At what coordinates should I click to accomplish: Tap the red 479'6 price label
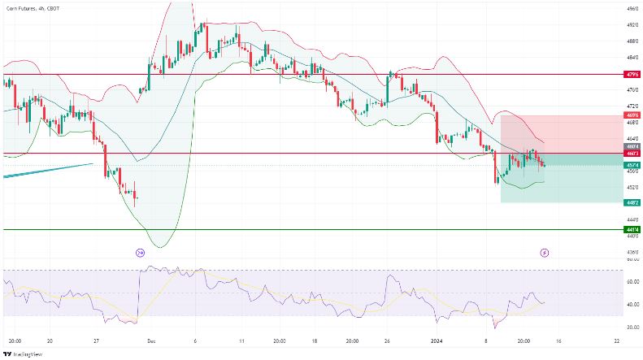(x=632, y=74)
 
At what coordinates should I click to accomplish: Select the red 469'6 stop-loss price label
(x=632, y=115)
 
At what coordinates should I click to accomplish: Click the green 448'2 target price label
(x=632, y=202)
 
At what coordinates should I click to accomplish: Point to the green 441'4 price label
(x=632, y=230)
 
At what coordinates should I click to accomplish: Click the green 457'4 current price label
(x=632, y=166)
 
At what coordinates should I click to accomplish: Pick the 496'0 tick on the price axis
(x=632, y=8)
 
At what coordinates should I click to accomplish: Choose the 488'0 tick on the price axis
(x=632, y=41)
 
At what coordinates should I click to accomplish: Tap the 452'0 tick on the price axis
(x=632, y=187)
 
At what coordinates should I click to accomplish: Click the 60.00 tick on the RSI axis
(x=632, y=282)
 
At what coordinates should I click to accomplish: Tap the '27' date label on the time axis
(x=97, y=341)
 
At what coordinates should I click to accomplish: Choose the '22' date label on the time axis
(x=617, y=341)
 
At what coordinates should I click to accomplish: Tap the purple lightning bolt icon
(x=545, y=253)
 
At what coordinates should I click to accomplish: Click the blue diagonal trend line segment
(x=49, y=170)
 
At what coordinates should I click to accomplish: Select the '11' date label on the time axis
(x=242, y=341)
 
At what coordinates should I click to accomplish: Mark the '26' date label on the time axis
(x=387, y=341)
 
